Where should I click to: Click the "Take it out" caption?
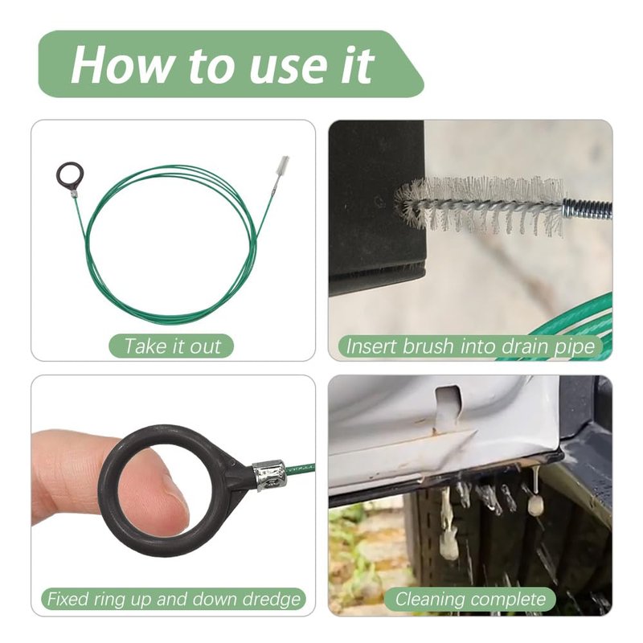(172, 346)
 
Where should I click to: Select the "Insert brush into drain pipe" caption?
(470, 346)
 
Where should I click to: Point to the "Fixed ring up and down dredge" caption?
(174, 599)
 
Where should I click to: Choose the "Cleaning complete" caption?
(470, 599)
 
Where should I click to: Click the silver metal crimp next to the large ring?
(268, 475)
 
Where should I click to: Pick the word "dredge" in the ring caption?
(272, 600)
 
